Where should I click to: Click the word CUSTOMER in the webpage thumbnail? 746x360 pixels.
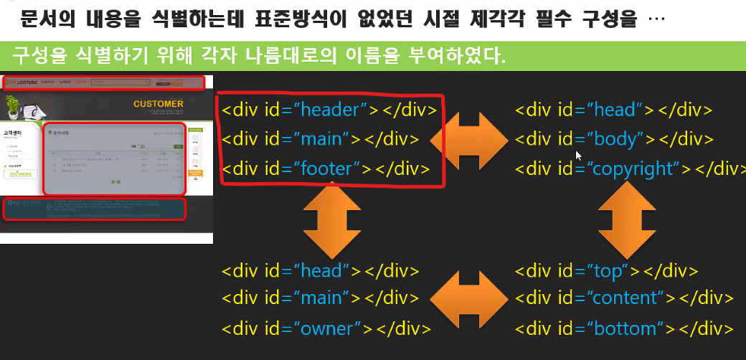pos(158,104)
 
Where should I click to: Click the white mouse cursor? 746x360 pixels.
pos(578,155)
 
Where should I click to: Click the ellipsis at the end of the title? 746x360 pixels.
pos(656,19)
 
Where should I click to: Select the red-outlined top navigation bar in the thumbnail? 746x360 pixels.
pos(103,82)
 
